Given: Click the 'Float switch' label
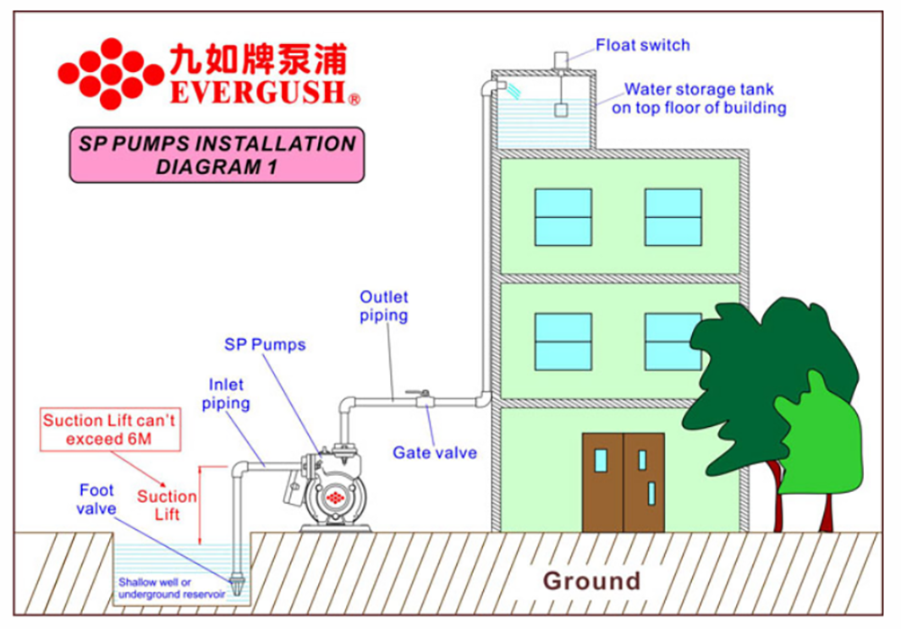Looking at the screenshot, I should [642, 45].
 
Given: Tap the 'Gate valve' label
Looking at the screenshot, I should [434, 452].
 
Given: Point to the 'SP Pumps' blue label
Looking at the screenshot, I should [265, 345].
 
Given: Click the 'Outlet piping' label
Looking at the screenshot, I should [384, 306].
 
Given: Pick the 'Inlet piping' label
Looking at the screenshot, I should [224, 395].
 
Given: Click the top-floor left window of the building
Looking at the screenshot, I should [563, 216].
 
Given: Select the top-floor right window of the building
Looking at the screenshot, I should [673, 216].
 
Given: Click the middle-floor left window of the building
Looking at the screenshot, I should [563, 340].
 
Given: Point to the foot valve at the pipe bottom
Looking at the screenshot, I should [236, 587].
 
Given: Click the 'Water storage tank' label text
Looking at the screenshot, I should [699, 98].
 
